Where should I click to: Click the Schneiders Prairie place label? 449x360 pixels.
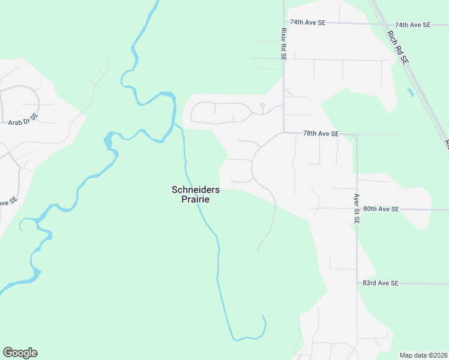click(x=196, y=194)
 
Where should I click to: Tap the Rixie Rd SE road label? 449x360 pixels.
click(x=283, y=43)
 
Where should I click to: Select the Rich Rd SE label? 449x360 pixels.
click(x=397, y=47)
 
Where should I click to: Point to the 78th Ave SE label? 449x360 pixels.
click(x=321, y=133)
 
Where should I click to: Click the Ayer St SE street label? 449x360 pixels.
click(x=356, y=209)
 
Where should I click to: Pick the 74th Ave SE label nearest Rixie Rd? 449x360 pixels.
click(x=307, y=22)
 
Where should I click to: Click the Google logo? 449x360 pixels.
click(x=20, y=353)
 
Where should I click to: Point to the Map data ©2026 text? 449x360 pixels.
click(x=423, y=355)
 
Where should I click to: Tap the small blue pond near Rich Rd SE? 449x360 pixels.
click(x=410, y=92)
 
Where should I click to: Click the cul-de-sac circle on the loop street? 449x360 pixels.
click(x=262, y=106)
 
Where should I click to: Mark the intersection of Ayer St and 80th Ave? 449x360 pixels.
click(x=357, y=209)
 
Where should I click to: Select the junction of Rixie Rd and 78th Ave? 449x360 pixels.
click(x=284, y=133)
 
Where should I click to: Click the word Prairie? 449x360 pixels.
click(x=196, y=199)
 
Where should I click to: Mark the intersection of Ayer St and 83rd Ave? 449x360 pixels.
click(x=357, y=283)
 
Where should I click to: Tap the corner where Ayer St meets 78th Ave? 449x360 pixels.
click(x=356, y=136)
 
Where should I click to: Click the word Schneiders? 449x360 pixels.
click(x=196, y=190)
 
